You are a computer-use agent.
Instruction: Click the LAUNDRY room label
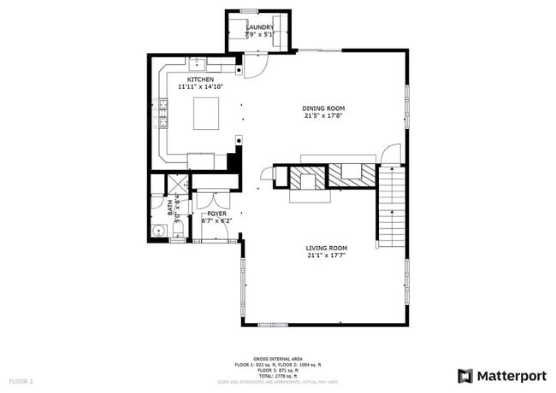[x=260, y=27]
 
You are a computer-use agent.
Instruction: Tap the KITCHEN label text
[x=189, y=79]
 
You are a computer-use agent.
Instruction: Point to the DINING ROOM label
[x=323, y=109]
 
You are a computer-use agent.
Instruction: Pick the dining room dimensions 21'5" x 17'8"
[x=323, y=116]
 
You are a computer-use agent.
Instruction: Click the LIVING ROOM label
[x=327, y=248]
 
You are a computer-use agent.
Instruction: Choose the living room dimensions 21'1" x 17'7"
[x=327, y=255]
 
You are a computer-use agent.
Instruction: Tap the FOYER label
[x=216, y=214]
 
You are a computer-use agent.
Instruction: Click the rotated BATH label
[x=170, y=207]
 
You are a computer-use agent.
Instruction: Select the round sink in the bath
[x=158, y=231]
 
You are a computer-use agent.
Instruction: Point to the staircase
[x=390, y=205]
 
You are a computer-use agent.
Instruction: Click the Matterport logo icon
[x=465, y=375]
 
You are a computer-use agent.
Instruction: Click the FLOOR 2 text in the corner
[x=21, y=380]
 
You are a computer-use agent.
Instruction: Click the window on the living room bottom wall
[x=272, y=325]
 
